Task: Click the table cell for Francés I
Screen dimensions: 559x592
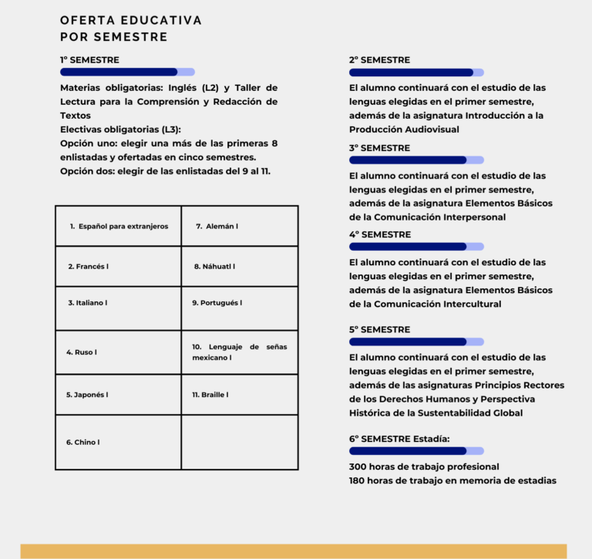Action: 119,266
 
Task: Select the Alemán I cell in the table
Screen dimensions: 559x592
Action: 240,226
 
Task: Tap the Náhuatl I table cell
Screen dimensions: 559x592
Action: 240,266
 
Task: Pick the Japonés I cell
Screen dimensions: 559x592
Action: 119,395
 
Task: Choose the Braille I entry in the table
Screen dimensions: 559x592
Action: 240,395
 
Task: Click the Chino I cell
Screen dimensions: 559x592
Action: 119,443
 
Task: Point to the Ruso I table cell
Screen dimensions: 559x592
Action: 119,352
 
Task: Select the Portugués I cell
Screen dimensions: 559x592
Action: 240,303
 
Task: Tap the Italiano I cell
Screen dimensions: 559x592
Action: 119,303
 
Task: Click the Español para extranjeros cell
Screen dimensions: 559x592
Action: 119,226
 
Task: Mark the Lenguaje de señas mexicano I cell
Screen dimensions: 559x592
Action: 240,352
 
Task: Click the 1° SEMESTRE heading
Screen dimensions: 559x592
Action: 89,59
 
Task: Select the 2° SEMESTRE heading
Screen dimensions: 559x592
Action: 379,59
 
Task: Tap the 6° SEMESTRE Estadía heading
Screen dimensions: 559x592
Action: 399,439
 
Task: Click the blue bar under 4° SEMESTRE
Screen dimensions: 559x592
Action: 409,247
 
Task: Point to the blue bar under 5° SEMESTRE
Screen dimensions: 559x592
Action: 409,342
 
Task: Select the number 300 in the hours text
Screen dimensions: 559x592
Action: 358,466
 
